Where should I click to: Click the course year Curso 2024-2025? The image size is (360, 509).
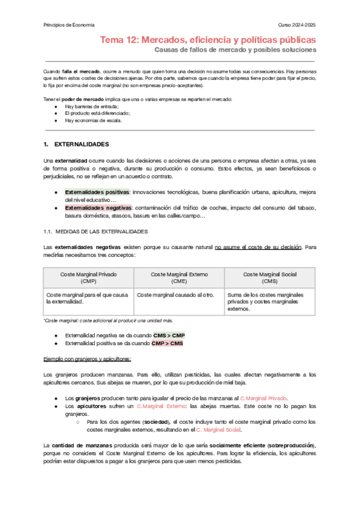click(x=296, y=25)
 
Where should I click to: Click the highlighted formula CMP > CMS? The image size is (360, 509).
click(x=167, y=343)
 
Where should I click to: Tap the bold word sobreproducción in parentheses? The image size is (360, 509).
click(x=290, y=444)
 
